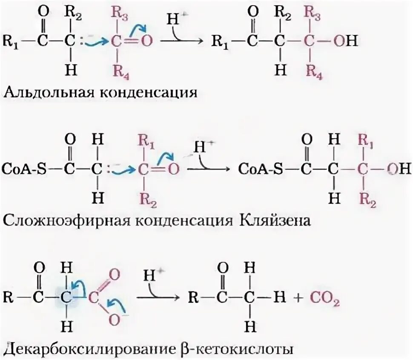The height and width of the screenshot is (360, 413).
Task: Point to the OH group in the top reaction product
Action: click(x=344, y=42)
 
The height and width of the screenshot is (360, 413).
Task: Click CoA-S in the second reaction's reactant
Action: click(x=23, y=169)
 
